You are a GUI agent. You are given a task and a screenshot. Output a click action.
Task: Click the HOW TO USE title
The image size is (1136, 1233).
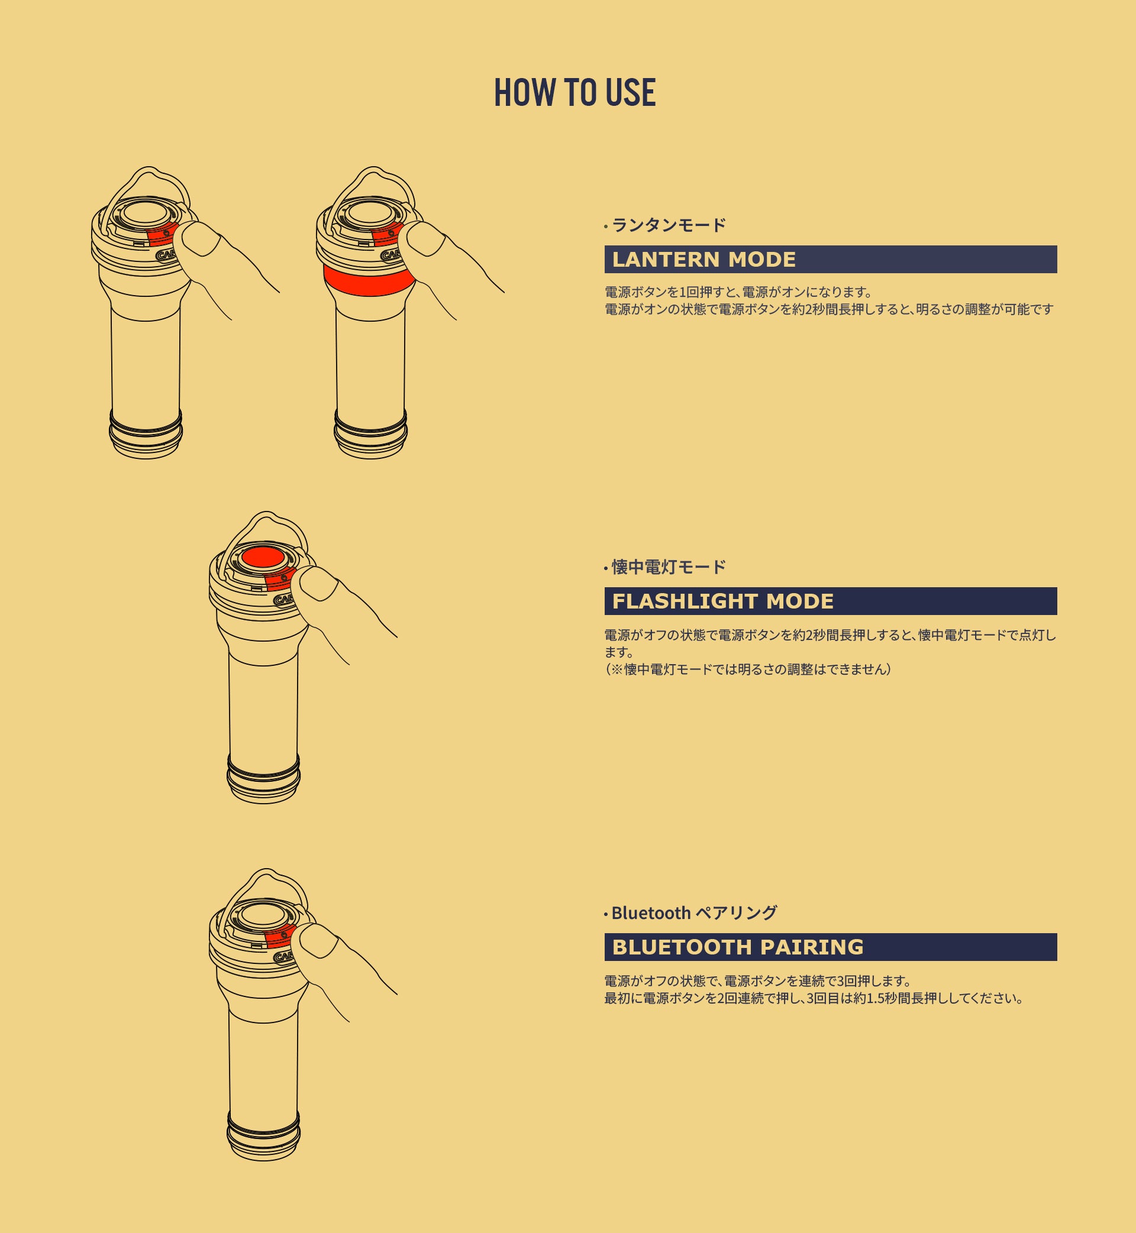[x=575, y=92]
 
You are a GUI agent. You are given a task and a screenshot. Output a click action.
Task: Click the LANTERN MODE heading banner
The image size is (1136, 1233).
[x=831, y=259]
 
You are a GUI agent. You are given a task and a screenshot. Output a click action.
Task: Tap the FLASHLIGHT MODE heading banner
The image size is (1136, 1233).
[x=831, y=601]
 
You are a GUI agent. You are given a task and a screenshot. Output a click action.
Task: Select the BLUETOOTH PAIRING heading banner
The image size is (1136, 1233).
[x=831, y=947]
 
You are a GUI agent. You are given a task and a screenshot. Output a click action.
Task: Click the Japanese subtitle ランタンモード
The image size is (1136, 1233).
[x=669, y=225]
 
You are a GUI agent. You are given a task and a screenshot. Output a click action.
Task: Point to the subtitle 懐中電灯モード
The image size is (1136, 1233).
[x=669, y=567]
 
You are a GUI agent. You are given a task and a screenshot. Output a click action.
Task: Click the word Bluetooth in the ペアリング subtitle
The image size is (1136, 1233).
[x=651, y=913]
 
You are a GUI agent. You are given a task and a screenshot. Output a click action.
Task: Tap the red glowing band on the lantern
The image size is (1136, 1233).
[x=369, y=281]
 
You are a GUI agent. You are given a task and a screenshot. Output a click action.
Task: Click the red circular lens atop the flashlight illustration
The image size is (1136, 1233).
[x=263, y=557]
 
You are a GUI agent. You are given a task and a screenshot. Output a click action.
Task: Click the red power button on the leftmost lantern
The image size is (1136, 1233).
[x=163, y=234]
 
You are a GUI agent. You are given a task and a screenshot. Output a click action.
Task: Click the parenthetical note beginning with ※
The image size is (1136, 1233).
[x=748, y=669]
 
